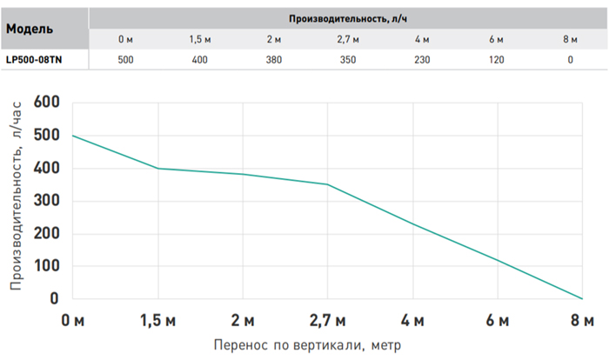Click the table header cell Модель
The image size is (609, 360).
(x=29, y=28)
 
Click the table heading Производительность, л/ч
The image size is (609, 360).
(x=347, y=18)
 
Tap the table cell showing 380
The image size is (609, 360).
(x=275, y=60)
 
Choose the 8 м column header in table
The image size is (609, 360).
(x=571, y=39)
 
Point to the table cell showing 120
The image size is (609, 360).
(x=497, y=60)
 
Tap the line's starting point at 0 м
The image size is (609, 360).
(x=73, y=136)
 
